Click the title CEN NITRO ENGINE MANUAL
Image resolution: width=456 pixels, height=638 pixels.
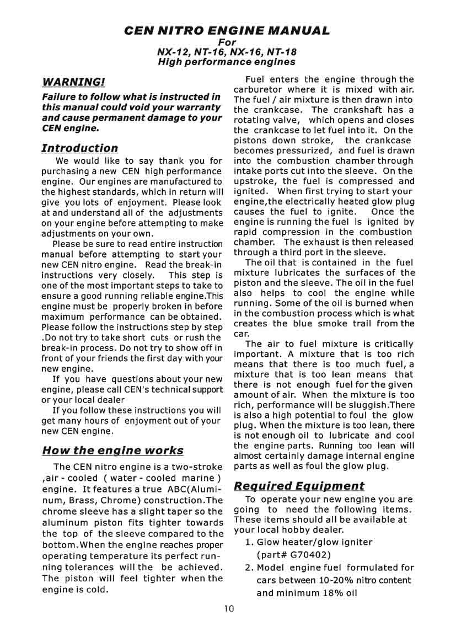point(227,30)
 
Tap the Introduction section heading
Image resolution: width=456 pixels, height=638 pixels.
point(80,148)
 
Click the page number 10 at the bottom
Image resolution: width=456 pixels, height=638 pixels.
point(229,609)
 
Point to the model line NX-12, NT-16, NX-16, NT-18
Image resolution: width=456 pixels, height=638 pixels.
point(227,52)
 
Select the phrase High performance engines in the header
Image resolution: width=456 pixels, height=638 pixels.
point(227,62)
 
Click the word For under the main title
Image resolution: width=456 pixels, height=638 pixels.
point(227,42)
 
